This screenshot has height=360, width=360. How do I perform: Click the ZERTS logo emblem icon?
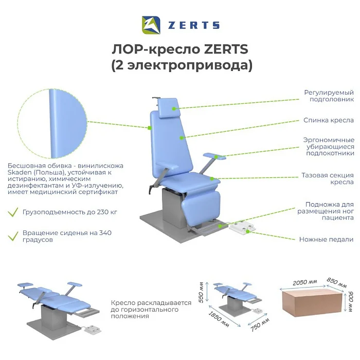pos(151,25)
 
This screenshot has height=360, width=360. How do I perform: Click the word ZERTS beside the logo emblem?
pos(194,25)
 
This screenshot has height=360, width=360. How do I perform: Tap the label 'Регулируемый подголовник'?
pos(329,96)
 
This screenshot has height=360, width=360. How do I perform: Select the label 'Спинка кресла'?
pos(329,120)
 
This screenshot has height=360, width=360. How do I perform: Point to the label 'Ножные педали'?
pos(326,240)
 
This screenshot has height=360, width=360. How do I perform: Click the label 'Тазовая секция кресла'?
pos(328,178)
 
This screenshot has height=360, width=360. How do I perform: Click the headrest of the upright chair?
pos(169,108)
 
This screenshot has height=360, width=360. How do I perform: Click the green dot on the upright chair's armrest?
pos(217,157)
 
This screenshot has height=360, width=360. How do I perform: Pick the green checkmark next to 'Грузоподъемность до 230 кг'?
pos(13,212)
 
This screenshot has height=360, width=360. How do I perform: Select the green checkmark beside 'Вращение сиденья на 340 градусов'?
pos(13,236)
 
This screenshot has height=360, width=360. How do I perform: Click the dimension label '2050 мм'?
pos(305,282)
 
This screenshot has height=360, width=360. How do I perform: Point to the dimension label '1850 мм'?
pos(219,319)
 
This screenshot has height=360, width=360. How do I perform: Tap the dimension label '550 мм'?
pos(201,292)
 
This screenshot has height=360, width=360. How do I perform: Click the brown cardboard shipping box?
pos(312,302)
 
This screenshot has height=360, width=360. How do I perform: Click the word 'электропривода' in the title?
pos(186,65)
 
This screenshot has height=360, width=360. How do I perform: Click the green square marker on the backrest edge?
pos(150,128)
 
